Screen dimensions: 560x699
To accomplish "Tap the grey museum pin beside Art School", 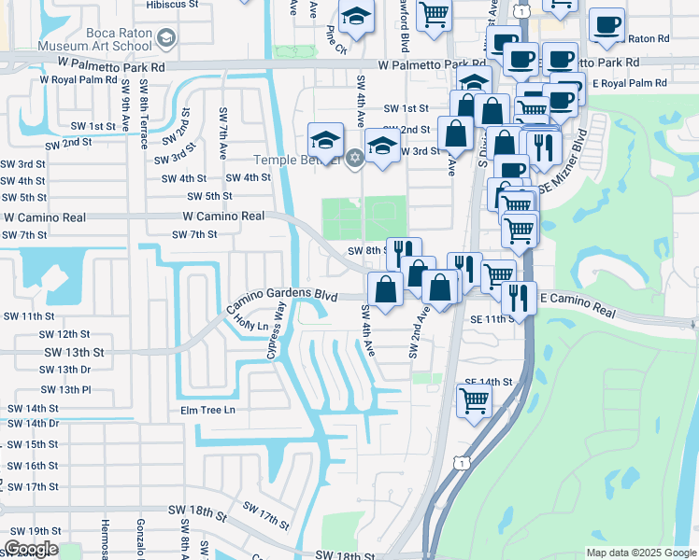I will [x=167, y=38].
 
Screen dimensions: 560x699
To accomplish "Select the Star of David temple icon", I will [x=353, y=158].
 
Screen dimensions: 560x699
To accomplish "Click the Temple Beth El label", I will [x=293, y=159].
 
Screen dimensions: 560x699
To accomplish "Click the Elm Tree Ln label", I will [x=207, y=410].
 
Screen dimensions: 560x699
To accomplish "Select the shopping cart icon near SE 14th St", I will [x=474, y=399].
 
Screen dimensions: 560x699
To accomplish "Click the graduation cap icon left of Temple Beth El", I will [x=325, y=140].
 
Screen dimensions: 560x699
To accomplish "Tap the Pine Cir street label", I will [x=336, y=42].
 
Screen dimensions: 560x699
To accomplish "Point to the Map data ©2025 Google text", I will [x=640, y=553].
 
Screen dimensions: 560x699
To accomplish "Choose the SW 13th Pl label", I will [x=65, y=389].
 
